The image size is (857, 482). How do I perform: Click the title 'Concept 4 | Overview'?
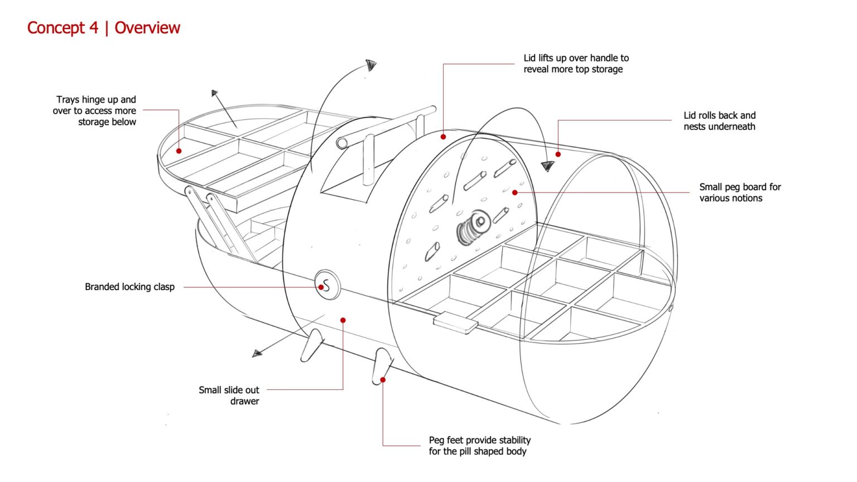click(x=104, y=28)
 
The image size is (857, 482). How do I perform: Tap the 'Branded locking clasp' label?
click(x=129, y=287)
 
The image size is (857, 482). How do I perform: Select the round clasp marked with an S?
click(x=327, y=286)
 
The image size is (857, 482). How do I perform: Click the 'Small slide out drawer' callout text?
click(x=229, y=395)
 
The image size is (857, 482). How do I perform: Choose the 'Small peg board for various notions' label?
click(x=740, y=192)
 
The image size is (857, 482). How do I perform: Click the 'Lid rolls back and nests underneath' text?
click(x=719, y=121)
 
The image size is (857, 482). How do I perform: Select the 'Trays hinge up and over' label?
click(x=95, y=110)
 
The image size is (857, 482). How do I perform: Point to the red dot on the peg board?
click(x=514, y=192)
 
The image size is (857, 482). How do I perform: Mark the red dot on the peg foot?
click(x=383, y=380)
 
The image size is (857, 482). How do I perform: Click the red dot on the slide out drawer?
click(x=343, y=320)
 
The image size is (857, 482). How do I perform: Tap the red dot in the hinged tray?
click(x=179, y=151)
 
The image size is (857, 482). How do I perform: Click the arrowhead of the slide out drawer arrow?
click(x=257, y=353)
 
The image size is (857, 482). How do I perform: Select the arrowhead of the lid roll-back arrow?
click(x=547, y=166)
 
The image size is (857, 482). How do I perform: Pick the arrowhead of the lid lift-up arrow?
click(x=371, y=65)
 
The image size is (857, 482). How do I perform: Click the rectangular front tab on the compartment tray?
click(x=455, y=323)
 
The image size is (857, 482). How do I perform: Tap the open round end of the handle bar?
click(x=342, y=143)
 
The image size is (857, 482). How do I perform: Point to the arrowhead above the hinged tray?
click(x=215, y=93)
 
